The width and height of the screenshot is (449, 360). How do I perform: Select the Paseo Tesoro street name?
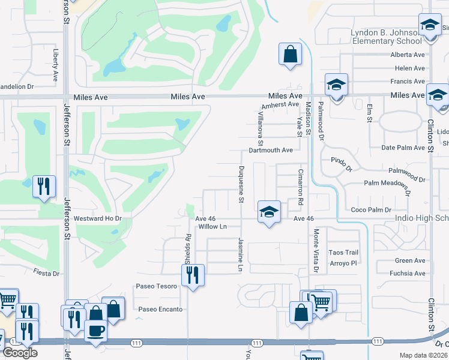[x=157, y=286]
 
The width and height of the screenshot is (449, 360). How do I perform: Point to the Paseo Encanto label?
[x=160, y=310]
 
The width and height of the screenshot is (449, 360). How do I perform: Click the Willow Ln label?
[x=212, y=227]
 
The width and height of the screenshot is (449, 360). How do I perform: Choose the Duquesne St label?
[x=241, y=184]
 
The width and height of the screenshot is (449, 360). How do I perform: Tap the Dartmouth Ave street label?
[x=271, y=150]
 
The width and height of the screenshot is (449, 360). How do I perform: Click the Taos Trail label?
[x=344, y=253]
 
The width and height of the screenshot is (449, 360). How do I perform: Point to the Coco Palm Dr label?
[x=371, y=210]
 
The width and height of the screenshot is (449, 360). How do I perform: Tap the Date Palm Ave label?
[x=403, y=148]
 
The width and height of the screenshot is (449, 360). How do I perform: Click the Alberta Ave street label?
[x=408, y=55]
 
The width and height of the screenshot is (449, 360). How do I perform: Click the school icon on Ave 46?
[x=268, y=211]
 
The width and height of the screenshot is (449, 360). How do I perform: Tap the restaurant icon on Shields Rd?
[x=193, y=275]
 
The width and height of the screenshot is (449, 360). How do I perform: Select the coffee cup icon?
[x=96, y=331]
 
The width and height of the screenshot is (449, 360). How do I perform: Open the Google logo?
[x=20, y=353]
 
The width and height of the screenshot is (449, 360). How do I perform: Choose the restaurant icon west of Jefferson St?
[x=44, y=187]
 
